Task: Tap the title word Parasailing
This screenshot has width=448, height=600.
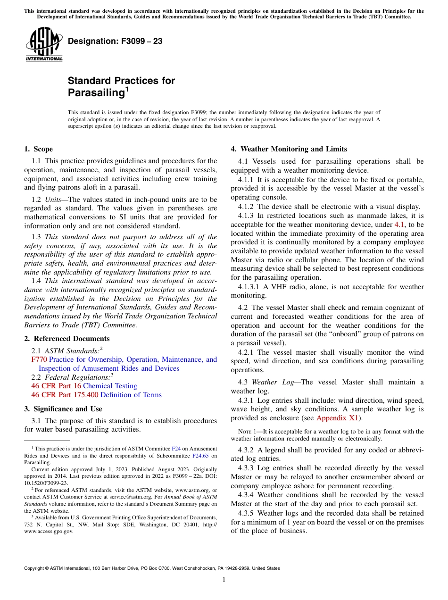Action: tap(96, 92)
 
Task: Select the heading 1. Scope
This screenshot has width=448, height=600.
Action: tap(39, 149)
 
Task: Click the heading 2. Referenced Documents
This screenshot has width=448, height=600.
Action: tap(66, 339)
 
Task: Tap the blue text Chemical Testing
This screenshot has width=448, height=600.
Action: tap(110, 386)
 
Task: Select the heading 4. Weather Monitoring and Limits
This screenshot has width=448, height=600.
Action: tap(289, 149)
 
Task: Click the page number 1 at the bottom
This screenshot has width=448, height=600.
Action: tap(224, 580)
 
